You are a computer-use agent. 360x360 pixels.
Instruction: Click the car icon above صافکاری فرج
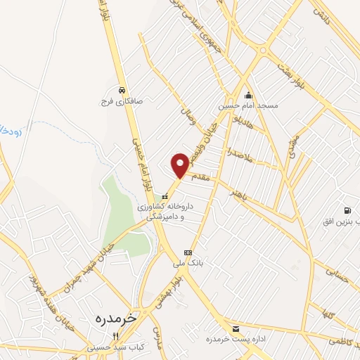(x=122, y=90)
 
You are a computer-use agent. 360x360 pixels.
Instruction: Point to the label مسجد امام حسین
(x=247, y=105)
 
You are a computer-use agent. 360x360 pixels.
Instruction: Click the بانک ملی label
(x=188, y=262)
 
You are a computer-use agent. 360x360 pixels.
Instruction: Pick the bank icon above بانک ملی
(x=187, y=252)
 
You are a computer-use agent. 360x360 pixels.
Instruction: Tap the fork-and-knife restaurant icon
(x=115, y=336)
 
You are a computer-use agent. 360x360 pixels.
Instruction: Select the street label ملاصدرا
(x=238, y=152)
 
